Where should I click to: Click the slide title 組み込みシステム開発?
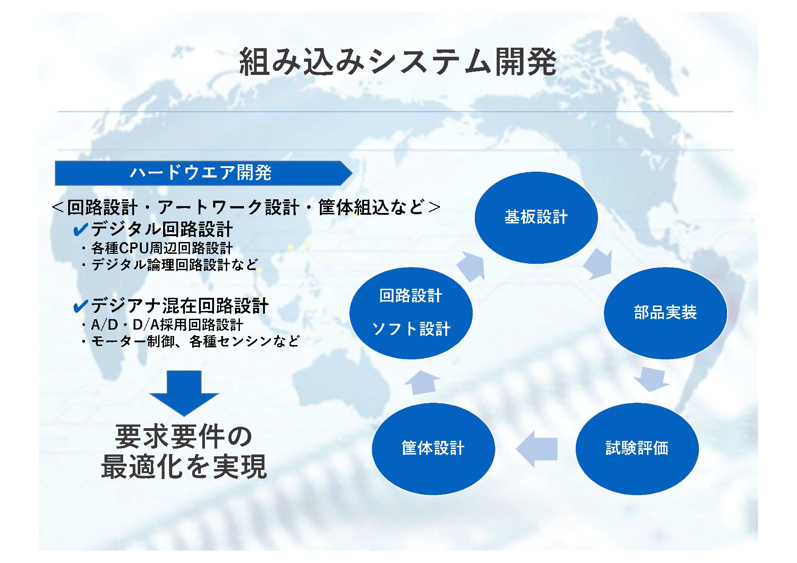[398, 61]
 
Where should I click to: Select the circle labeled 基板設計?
[536, 217]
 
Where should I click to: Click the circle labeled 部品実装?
[665, 313]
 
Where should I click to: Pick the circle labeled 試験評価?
[637, 448]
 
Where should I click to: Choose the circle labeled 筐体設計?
[433, 448]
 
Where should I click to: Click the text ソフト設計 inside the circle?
[411, 329]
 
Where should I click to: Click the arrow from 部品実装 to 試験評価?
[651, 380]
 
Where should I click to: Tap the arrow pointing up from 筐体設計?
[422, 382]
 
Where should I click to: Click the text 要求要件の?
[184, 436]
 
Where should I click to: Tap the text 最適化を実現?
[184, 467]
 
